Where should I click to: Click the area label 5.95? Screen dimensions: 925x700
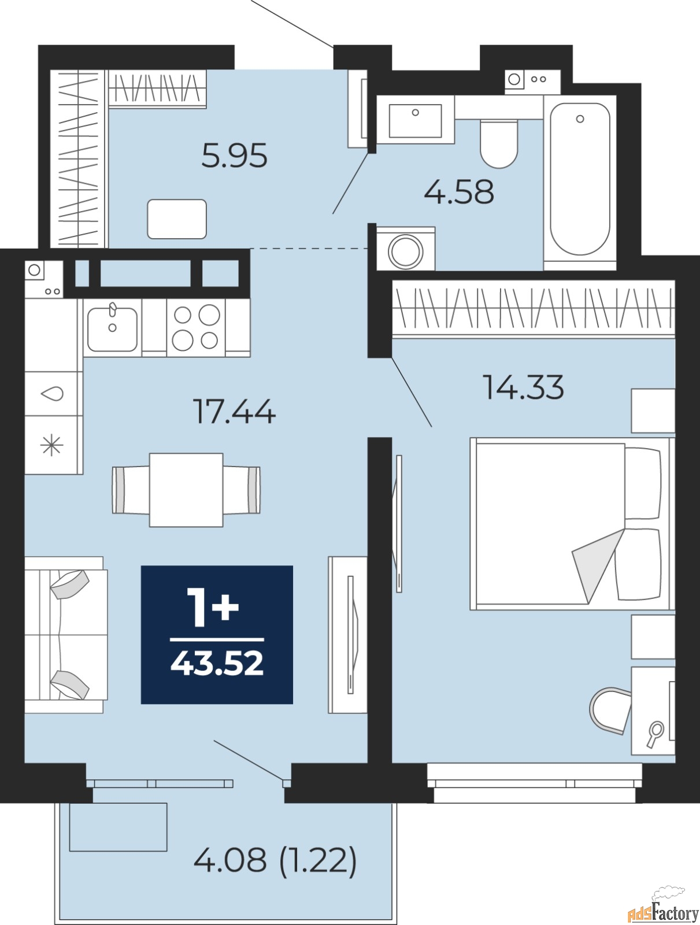pyautogui.click(x=234, y=156)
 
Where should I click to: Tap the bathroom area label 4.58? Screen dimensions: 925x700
pyautogui.click(x=459, y=192)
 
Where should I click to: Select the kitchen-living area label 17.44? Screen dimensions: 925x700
pyautogui.click(x=234, y=412)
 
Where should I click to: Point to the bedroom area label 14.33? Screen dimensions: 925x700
pyautogui.click(x=523, y=387)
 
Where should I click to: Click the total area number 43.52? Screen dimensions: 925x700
pyautogui.click(x=217, y=664)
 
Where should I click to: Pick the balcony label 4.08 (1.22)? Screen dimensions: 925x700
pyautogui.click(x=275, y=860)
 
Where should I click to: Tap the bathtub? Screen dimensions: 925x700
pyautogui.click(x=580, y=179)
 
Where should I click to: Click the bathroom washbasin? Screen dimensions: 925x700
pyautogui.click(x=415, y=120)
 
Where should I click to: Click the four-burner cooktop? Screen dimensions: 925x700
pyautogui.click(x=196, y=328)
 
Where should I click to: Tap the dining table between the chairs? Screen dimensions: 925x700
pyautogui.click(x=186, y=490)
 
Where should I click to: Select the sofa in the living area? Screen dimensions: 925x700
pyautogui.click(x=66, y=635)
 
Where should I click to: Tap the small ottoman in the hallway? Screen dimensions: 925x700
pyautogui.click(x=177, y=219)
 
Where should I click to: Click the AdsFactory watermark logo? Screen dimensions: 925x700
pyautogui.click(x=663, y=912)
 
